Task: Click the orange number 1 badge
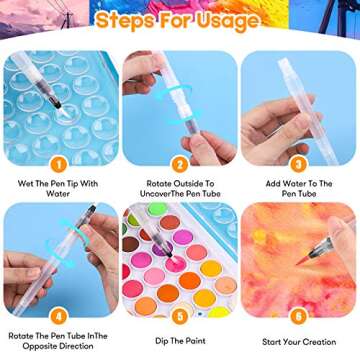pos(59,165)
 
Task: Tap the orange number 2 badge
pos(180,165)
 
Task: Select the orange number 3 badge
pos(298,165)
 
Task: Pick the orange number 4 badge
pos(59,317)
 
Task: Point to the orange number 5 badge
pos(180,317)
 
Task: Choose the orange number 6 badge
pos(298,317)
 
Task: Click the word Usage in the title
pos(227,21)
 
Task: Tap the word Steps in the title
pos(125,20)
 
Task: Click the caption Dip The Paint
pos(180,341)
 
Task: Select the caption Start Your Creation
pos(299,342)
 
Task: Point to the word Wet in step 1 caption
pos(25,183)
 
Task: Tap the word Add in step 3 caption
pos(273,183)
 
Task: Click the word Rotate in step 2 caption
pos(159,183)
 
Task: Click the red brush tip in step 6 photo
pos(303,260)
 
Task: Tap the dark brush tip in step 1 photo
pos(57,105)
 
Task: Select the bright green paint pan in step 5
pos(157,209)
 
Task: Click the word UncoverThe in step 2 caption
pos(160,193)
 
